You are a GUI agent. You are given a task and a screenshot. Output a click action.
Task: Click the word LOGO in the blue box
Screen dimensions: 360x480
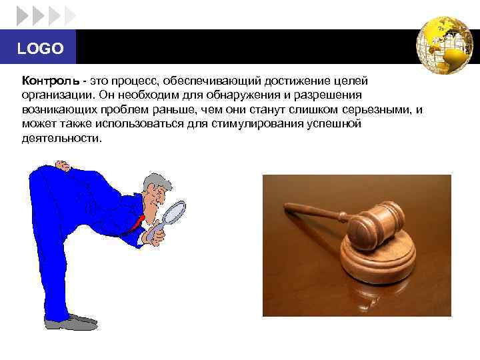40,49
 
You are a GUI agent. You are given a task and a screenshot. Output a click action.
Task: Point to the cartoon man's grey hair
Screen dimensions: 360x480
157,181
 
